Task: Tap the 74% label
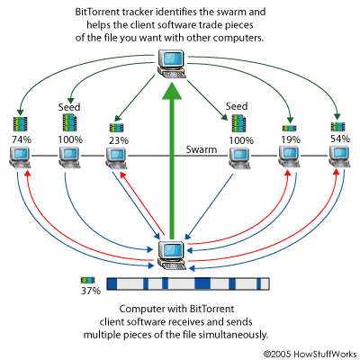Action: (x=20, y=140)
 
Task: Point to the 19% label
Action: (x=290, y=140)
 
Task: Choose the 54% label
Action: (x=337, y=140)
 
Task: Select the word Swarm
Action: (x=202, y=150)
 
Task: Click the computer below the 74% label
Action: (x=19, y=158)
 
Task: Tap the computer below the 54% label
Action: (x=338, y=158)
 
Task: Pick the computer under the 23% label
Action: (x=114, y=158)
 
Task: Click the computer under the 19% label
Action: (x=290, y=158)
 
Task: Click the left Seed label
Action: (x=70, y=106)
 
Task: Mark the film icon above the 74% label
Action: (x=20, y=124)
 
